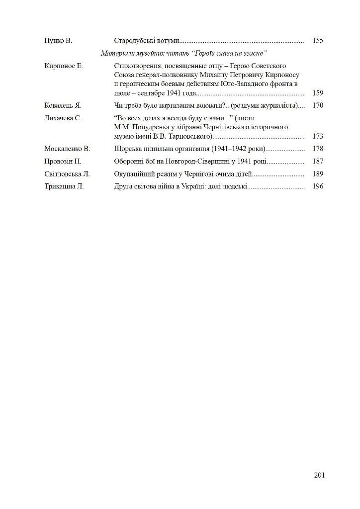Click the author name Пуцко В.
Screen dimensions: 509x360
pos(58,40)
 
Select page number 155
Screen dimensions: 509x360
pos(318,40)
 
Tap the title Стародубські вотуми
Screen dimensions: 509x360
pos(147,40)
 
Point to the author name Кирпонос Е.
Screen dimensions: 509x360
pos(64,66)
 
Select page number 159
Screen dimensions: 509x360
pos(318,93)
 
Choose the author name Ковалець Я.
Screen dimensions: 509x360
pos(63,105)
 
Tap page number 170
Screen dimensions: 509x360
pos(318,105)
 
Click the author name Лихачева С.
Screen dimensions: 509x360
pos(63,118)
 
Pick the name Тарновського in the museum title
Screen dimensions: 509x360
pos(188,136)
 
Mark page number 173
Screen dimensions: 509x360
pos(318,136)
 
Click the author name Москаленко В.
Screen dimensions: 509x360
pos(67,149)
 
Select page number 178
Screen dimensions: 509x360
pos(318,149)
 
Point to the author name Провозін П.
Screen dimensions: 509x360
pos(63,162)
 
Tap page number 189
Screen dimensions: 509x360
pos(318,174)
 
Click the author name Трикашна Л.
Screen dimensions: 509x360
pos(64,186)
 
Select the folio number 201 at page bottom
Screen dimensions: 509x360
pos(319,475)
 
